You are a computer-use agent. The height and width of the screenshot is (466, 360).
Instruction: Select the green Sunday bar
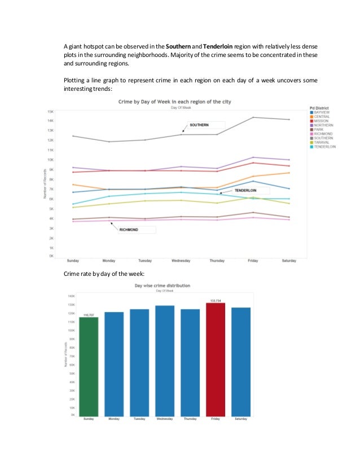(x=88, y=366)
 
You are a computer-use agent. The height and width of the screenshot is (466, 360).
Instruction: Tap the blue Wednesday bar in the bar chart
(x=165, y=361)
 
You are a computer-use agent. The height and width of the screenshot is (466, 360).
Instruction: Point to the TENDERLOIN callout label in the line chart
(x=245, y=191)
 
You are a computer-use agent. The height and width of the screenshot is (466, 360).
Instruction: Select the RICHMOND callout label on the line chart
(x=129, y=230)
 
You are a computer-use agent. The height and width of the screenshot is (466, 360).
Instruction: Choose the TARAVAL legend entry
(x=323, y=142)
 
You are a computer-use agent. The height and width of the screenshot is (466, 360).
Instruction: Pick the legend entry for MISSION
(x=323, y=120)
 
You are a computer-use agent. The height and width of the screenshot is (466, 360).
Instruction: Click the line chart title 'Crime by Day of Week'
(x=174, y=102)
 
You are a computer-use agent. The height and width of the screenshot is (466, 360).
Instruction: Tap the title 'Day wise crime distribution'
(x=162, y=286)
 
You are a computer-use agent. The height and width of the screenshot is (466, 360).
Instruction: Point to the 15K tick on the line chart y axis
(x=50, y=111)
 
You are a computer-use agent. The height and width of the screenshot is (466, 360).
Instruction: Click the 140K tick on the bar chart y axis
(x=71, y=296)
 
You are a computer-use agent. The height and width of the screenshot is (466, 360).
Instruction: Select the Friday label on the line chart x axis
(x=253, y=261)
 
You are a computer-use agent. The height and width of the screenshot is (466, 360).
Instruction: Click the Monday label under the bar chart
(x=113, y=419)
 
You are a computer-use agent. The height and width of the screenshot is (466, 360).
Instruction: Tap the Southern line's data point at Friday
(x=253, y=117)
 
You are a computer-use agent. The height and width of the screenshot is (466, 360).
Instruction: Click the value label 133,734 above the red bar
(x=215, y=301)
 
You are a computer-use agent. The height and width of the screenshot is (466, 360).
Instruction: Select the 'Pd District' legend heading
(x=323, y=107)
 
